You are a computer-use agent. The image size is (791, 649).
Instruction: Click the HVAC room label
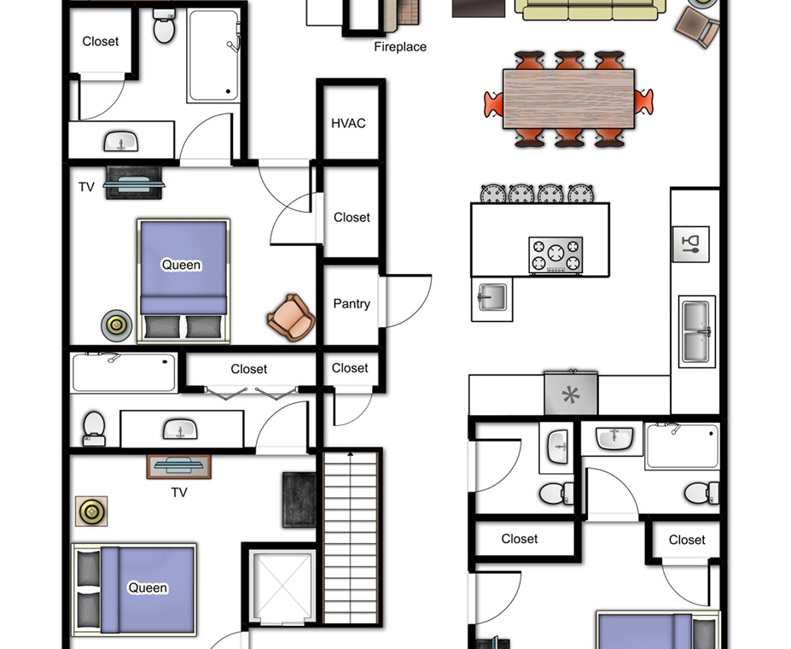[348, 123]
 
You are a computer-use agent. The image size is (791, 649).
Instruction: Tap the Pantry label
[352, 304]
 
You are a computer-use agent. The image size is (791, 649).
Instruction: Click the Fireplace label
[400, 47]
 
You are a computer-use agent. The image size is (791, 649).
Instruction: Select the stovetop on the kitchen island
[556, 254]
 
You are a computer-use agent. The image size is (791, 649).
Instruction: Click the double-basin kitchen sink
[696, 331]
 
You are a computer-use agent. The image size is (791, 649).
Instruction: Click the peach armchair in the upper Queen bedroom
[291, 318]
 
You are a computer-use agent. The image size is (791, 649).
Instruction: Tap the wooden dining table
[568, 99]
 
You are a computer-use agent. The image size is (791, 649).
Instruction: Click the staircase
[351, 537]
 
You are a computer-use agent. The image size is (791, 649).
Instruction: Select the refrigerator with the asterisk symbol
[571, 393]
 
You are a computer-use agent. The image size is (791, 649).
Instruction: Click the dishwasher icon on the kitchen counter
[690, 244]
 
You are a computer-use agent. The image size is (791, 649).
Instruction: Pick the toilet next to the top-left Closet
[164, 26]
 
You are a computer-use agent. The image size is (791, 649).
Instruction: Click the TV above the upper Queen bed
[134, 183]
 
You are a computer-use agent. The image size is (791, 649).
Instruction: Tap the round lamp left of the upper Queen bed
[117, 325]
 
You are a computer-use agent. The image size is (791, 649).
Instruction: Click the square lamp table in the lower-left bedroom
[91, 512]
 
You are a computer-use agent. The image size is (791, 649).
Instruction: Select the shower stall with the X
[282, 586]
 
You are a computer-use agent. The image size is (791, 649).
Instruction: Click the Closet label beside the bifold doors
[248, 369]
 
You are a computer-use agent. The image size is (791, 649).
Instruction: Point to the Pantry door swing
[406, 301]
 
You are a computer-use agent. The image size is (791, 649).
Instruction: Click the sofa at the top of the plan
[590, 10]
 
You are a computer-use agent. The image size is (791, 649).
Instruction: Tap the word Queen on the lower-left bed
[148, 588]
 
